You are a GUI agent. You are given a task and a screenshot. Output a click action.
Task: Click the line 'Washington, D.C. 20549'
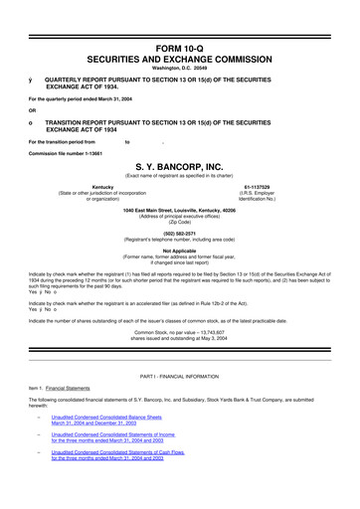pyautogui.click(x=180, y=70)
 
